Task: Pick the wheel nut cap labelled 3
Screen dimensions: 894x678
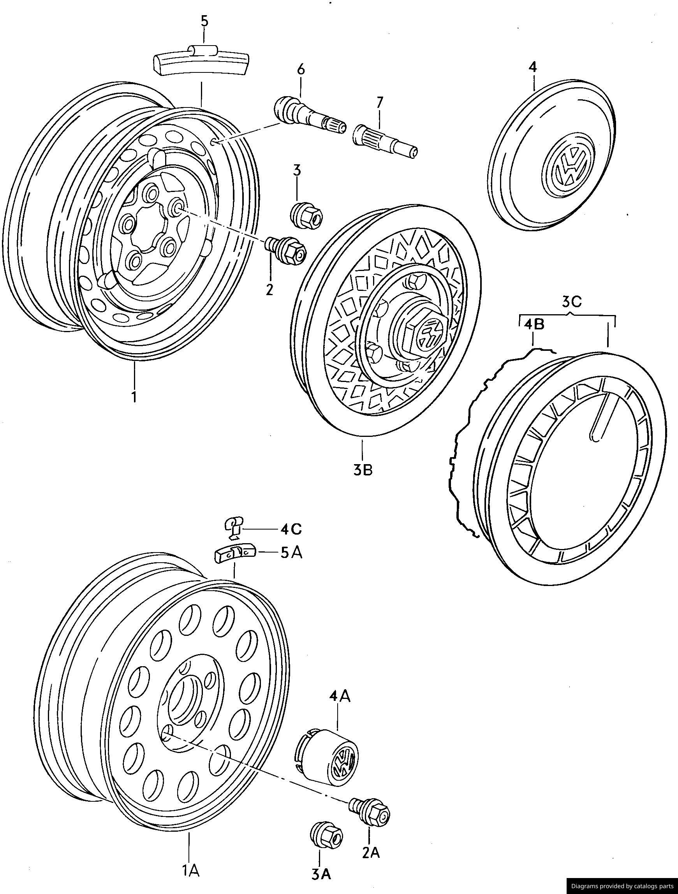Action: click(x=307, y=213)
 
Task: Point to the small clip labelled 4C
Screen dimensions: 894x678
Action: click(x=234, y=528)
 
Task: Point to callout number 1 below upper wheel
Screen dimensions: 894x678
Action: click(x=134, y=396)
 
